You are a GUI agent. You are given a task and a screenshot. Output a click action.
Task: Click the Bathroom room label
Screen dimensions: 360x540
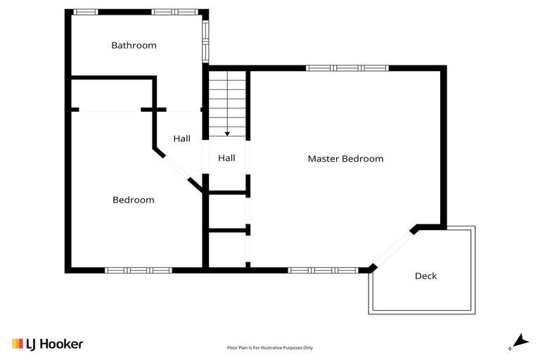(134, 46)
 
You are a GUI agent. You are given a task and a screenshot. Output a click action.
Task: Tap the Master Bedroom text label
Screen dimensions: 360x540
(345, 159)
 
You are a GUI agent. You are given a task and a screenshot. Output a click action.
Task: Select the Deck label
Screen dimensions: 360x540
(425, 276)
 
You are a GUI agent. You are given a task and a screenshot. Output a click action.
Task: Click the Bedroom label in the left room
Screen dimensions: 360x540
(133, 200)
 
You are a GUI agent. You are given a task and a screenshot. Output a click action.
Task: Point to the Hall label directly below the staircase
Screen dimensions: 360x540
(226, 159)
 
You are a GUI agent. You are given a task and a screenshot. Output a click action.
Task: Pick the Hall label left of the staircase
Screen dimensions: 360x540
(181, 139)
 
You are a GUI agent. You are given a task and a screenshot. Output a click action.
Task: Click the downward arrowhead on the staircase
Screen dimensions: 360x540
(227, 133)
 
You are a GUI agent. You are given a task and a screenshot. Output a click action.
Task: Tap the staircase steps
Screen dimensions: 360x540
(226, 102)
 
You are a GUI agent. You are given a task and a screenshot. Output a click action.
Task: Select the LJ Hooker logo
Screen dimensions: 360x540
(47, 344)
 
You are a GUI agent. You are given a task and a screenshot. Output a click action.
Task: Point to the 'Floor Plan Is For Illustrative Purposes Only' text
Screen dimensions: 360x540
(270, 347)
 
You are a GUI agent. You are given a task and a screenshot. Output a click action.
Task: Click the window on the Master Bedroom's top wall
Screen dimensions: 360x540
(347, 68)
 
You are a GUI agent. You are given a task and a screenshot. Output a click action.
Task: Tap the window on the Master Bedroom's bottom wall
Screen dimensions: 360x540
(323, 270)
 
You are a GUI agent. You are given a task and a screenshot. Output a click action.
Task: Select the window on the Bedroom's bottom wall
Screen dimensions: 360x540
(138, 270)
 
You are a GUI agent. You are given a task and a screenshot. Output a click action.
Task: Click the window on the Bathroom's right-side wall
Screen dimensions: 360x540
(205, 39)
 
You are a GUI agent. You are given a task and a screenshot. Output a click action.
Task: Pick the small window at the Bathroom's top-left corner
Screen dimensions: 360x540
(86, 12)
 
